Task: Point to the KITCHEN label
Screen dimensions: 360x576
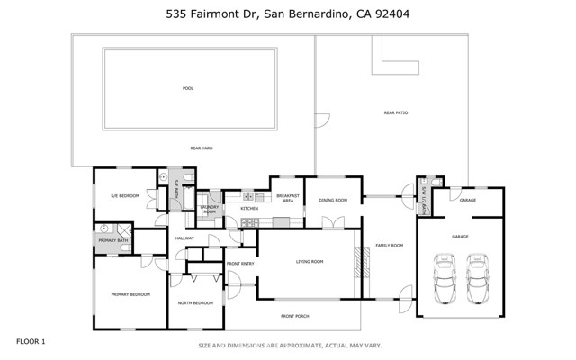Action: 249,209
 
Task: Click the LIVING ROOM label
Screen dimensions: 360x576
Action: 309,262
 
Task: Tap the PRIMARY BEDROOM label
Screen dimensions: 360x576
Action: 130,294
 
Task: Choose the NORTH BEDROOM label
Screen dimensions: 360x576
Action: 195,303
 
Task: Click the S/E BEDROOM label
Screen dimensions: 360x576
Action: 124,195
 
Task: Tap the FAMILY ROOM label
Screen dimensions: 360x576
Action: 389,245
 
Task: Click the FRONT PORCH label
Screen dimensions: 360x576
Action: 295,316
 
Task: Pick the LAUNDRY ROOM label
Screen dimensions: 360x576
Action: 210,209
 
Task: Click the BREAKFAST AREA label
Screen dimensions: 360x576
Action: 287,198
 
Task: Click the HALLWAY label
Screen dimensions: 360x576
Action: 185,238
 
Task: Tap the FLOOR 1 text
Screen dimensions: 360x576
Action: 30,341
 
